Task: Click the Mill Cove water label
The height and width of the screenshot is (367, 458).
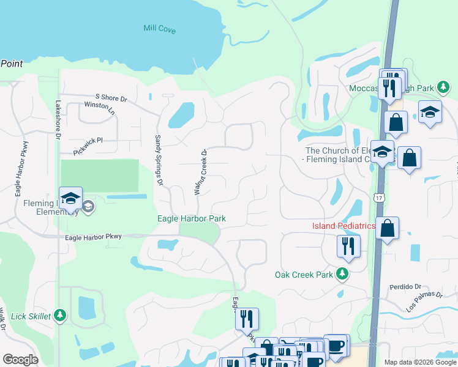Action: pyautogui.click(x=159, y=29)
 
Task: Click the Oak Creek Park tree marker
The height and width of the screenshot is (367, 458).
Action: pyautogui.click(x=343, y=275)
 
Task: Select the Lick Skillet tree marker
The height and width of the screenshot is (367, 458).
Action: pyautogui.click(x=59, y=315)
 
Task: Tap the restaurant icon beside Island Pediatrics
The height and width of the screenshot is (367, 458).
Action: pyautogui.click(x=348, y=246)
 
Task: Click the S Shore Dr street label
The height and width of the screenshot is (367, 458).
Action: pyautogui.click(x=111, y=98)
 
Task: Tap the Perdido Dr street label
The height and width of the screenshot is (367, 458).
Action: pyautogui.click(x=406, y=286)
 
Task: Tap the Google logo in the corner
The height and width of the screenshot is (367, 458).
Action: pyautogui.click(x=21, y=359)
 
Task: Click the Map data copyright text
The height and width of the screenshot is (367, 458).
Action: pyautogui.click(x=419, y=362)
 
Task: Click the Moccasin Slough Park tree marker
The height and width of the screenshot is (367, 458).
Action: pyautogui.click(x=443, y=89)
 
